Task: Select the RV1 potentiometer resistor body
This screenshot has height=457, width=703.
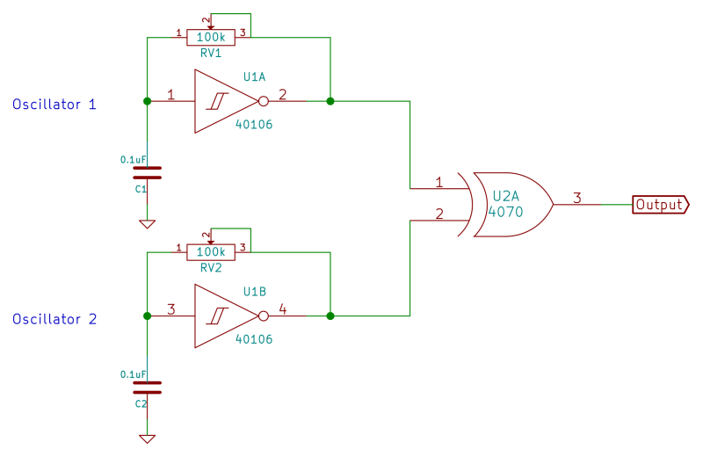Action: point(211,37)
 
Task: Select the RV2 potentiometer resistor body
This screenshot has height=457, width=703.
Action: point(211,251)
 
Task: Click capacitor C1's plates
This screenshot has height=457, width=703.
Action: point(147,172)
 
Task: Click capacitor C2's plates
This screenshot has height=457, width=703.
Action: point(147,387)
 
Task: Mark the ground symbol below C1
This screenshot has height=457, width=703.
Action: point(147,224)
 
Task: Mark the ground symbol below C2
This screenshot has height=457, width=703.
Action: point(147,439)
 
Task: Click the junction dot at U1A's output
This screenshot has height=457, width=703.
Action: point(330,101)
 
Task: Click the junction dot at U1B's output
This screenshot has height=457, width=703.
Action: point(330,316)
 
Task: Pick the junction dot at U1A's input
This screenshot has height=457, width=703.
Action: point(147,101)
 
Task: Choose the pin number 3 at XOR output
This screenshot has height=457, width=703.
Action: point(576,197)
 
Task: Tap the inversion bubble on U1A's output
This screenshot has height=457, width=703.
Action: point(263,101)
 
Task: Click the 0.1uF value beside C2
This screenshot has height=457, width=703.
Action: point(133,374)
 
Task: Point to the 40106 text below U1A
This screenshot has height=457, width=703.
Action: point(254,125)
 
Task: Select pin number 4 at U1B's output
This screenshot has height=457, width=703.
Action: point(282,308)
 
